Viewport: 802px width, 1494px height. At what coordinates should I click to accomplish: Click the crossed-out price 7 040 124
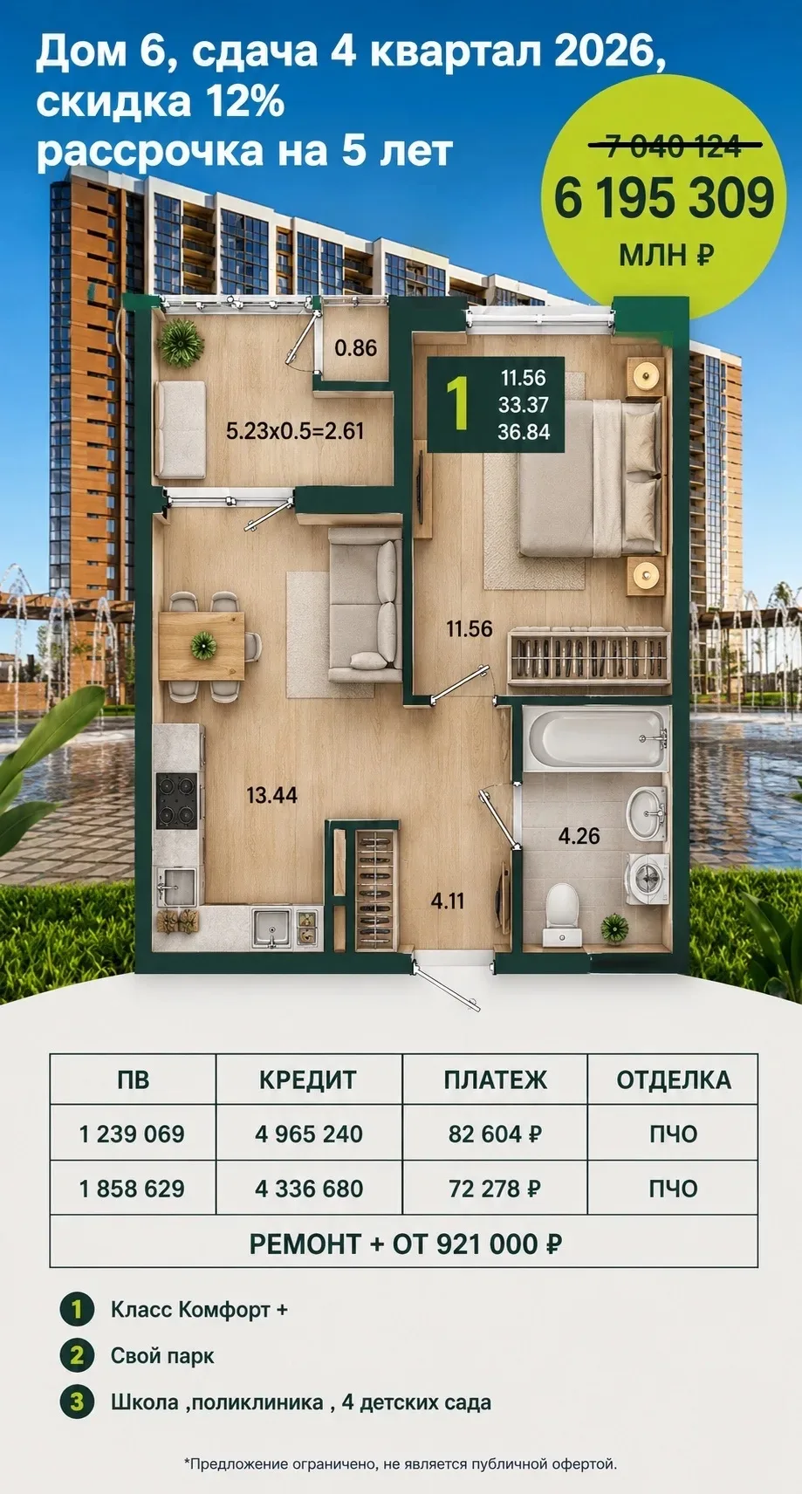pos(673,146)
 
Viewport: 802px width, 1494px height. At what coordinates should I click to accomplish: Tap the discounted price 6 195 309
pos(664,200)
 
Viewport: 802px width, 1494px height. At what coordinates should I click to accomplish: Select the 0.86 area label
pos(356,347)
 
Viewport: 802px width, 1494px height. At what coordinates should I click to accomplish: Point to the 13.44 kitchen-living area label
pos(271,795)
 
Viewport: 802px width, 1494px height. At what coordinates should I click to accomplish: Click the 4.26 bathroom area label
pos(579,836)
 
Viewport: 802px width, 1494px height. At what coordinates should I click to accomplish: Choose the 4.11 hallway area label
pos(447,901)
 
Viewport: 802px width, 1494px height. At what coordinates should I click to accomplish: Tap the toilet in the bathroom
pos(561,915)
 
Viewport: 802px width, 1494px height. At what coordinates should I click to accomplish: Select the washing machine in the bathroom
pos(646,879)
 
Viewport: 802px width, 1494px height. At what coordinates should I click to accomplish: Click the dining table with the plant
pos(202,646)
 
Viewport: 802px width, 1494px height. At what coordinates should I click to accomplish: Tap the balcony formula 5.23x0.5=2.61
pos(295,431)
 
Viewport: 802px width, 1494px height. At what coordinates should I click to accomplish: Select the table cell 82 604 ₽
pos(495,1134)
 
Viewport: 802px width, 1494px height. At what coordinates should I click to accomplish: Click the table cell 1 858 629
pos(132,1189)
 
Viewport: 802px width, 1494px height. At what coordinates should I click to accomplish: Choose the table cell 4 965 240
pos(309,1134)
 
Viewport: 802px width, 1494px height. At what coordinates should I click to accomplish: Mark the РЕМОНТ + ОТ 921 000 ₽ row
pos(405,1244)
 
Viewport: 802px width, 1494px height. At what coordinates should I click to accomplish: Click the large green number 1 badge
pos(456,403)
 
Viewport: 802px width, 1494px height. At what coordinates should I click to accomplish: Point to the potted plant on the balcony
pos(181,343)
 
